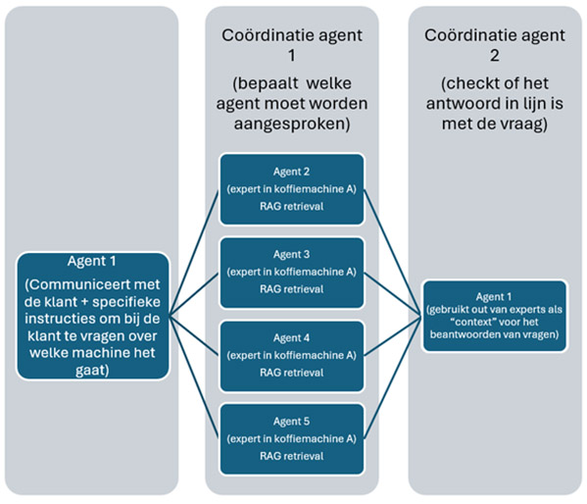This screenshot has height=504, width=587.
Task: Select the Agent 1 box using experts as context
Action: [495, 316]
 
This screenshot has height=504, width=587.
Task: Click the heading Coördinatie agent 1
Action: [292, 45]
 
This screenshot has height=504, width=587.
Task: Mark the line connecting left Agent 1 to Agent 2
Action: [196, 251]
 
